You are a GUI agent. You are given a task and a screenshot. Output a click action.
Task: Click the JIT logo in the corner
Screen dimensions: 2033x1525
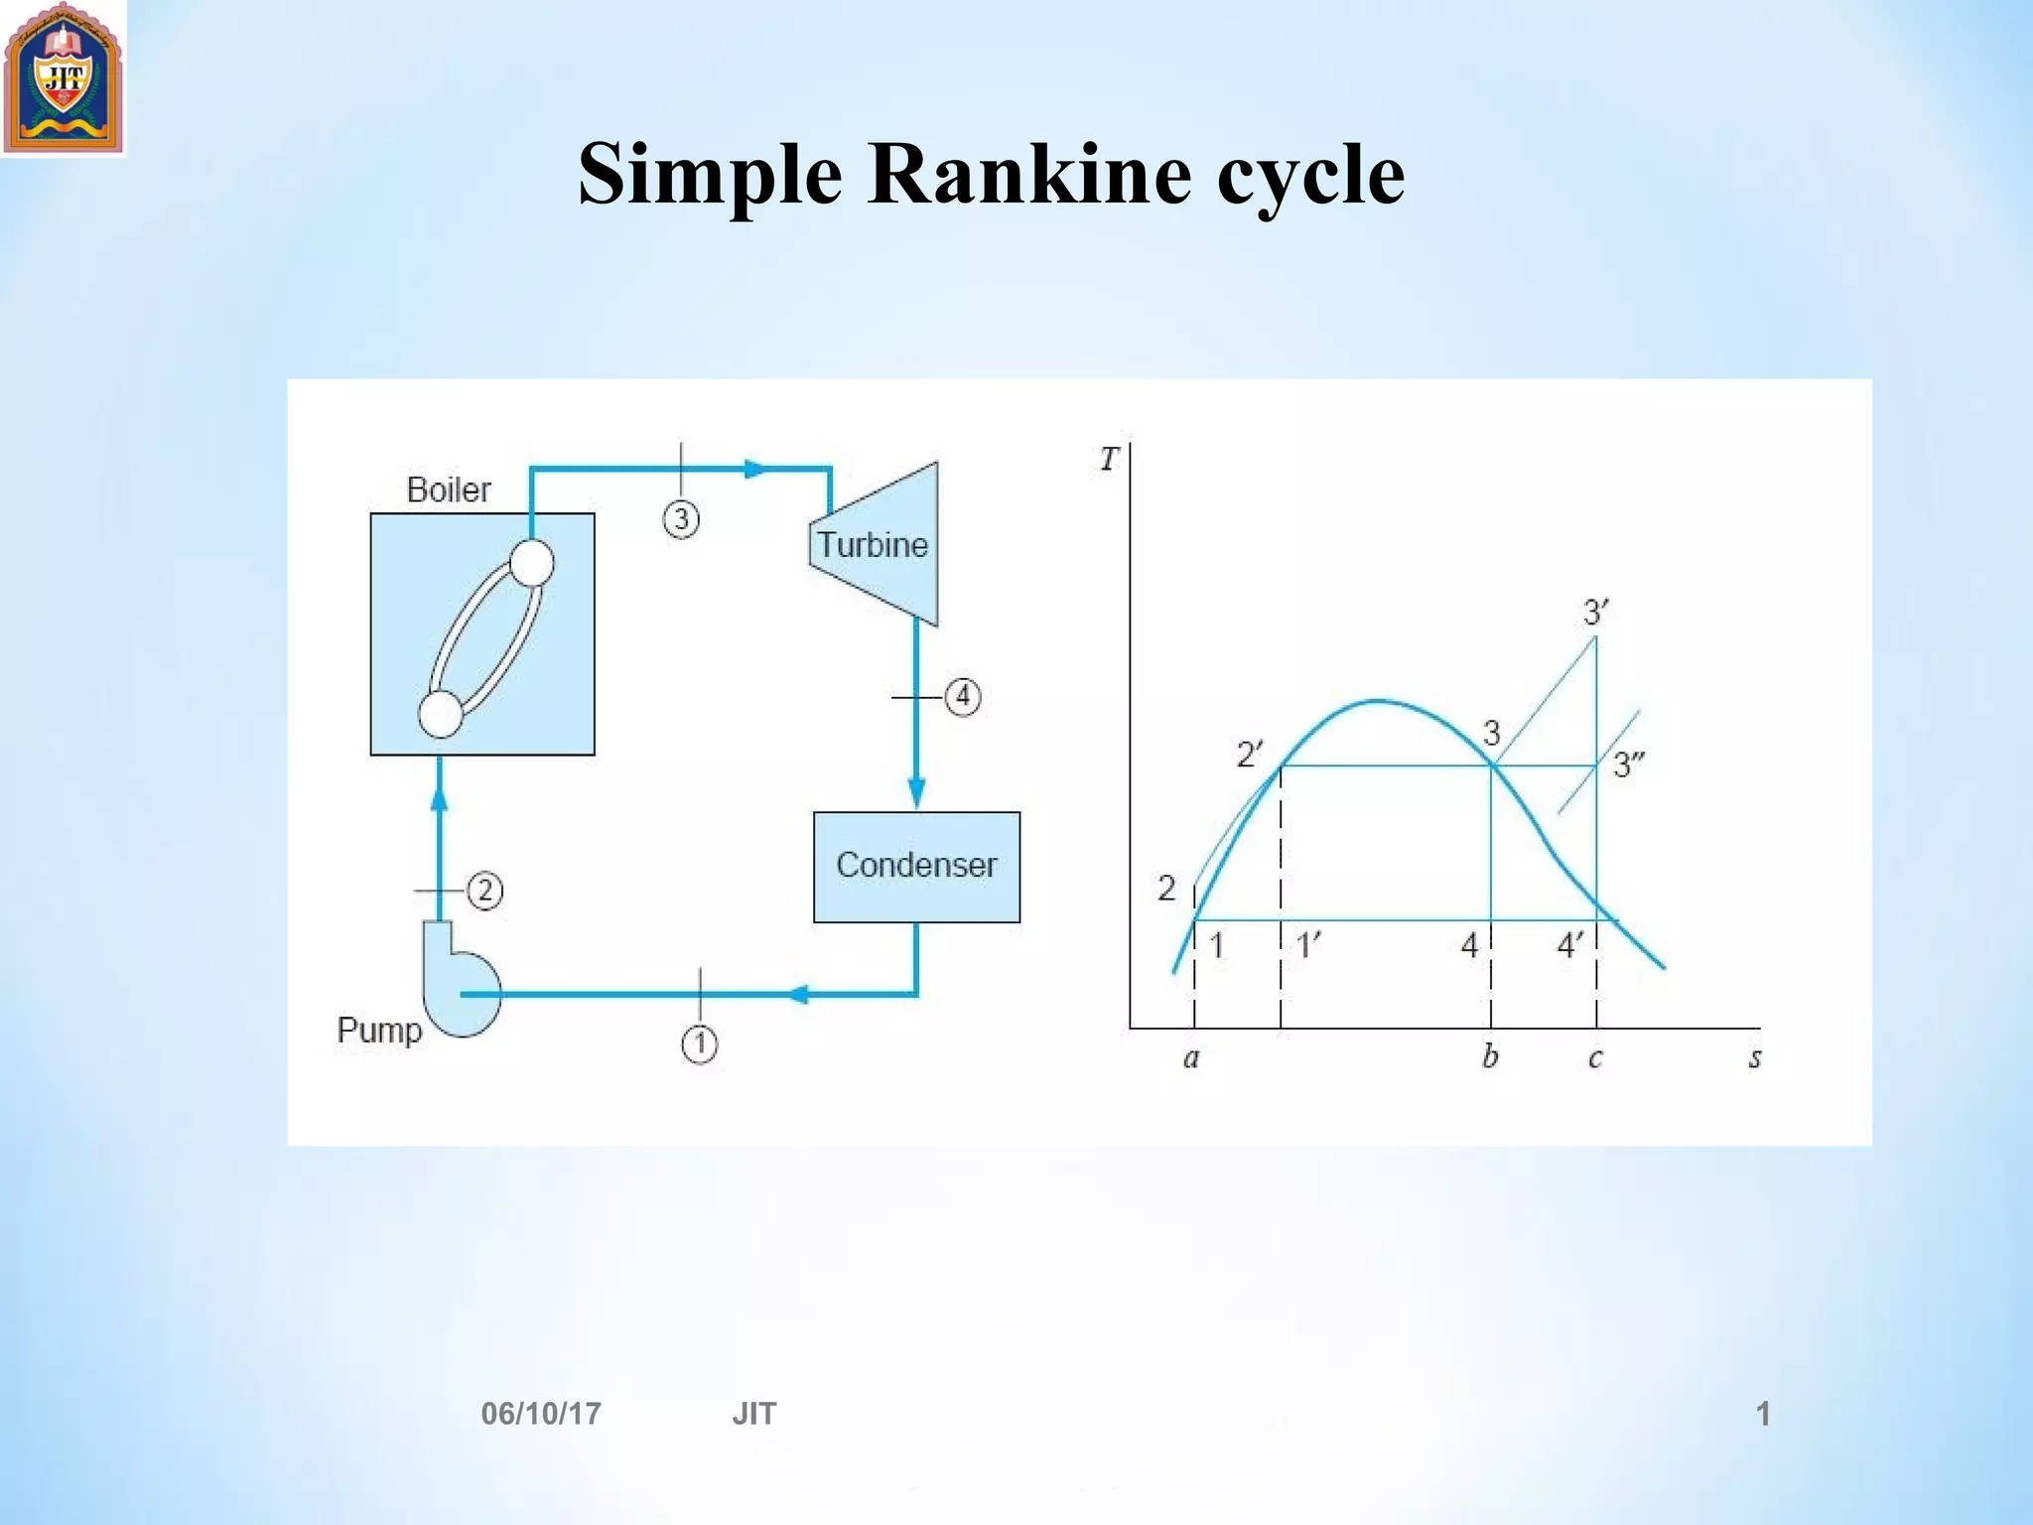click(x=64, y=77)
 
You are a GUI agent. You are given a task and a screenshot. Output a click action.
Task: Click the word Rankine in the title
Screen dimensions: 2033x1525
click(x=1029, y=175)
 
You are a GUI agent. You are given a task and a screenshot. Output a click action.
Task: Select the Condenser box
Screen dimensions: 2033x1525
click(x=916, y=867)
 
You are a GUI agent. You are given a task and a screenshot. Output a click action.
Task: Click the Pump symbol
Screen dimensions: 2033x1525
click(x=460, y=982)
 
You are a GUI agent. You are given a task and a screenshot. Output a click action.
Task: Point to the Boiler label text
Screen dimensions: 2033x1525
click(x=449, y=489)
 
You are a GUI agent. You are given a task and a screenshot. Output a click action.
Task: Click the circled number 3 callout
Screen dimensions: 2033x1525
click(x=681, y=519)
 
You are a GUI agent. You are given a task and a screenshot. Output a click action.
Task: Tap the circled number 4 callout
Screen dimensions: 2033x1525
click(x=962, y=697)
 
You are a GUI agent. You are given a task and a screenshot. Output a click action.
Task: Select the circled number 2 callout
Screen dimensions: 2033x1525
click(x=484, y=891)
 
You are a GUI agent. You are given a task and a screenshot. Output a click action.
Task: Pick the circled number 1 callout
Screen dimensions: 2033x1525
click(x=700, y=1043)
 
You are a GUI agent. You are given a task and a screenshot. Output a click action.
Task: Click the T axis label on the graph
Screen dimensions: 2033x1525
click(x=1109, y=460)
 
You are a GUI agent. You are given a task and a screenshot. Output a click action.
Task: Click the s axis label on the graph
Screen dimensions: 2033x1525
click(x=1755, y=1058)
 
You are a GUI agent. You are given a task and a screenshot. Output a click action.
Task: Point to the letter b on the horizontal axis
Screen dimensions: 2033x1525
click(x=1490, y=1056)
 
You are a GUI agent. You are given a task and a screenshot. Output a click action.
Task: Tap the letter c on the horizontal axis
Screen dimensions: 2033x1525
click(x=1595, y=1058)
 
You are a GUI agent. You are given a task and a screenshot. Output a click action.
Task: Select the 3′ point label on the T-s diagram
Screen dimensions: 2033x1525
click(x=1595, y=612)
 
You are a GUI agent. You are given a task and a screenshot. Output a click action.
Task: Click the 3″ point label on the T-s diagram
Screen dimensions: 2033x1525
click(x=1629, y=764)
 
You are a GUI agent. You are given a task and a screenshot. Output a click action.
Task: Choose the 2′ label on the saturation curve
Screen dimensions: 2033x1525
click(x=1250, y=756)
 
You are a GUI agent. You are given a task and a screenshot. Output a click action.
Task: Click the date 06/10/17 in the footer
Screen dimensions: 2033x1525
click(x=541, y=1414)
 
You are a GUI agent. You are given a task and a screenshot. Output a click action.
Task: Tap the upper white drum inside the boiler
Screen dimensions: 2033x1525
click(x=532, y=563)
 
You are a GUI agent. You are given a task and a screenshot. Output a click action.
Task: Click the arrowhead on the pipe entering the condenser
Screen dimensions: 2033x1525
click(x=916, y=793)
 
